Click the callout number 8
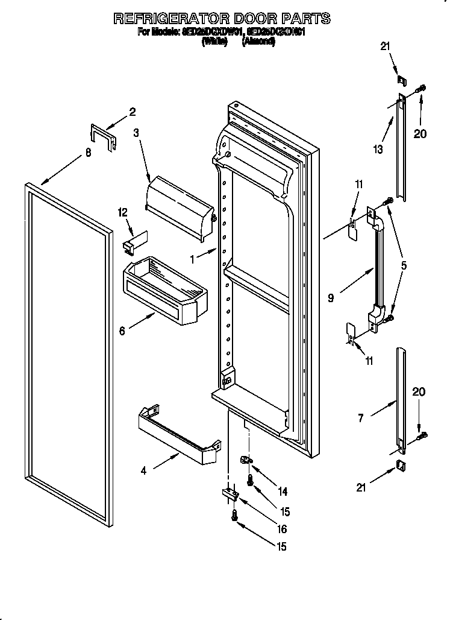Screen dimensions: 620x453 88,153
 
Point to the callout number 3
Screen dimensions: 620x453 136,133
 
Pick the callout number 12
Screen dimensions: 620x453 123,212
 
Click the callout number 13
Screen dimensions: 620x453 378,150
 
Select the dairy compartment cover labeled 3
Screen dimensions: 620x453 180,201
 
